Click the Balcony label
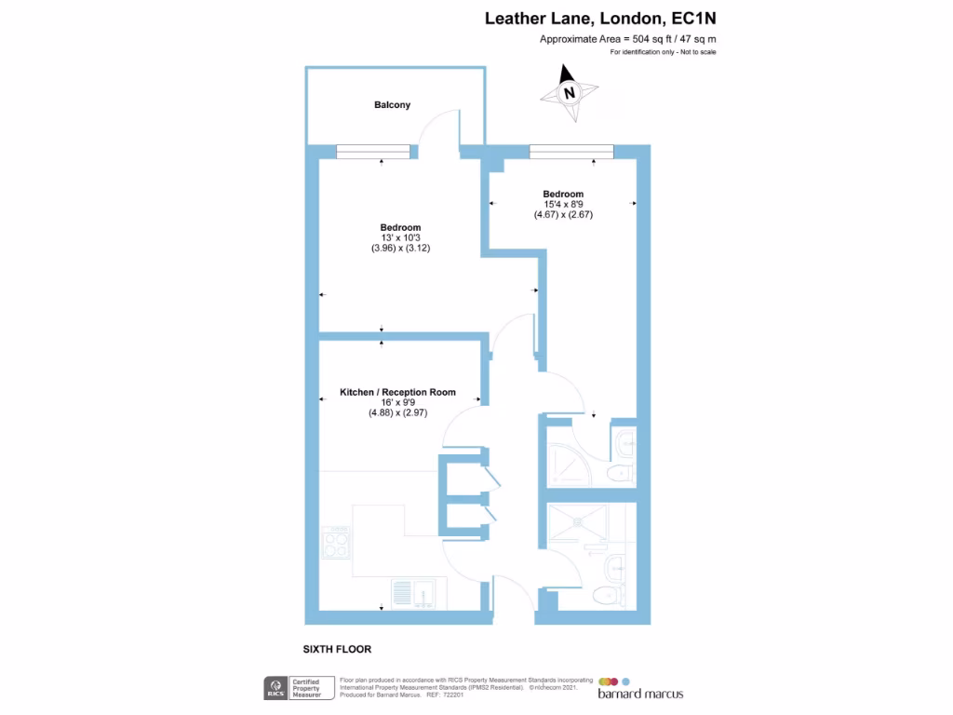click(x=392, y=105)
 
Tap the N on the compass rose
click(x=568, y=93)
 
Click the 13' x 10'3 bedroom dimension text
click(x=400, y=238)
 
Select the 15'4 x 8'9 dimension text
click(x=563, y=204)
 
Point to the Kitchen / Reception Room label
click(x=397, y=392)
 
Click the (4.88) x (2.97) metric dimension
click(x=397, y=413)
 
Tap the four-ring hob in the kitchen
click(x=336, y=542)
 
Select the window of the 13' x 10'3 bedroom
click(x=373, y=151)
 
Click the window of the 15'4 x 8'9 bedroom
click(x=570, y=151)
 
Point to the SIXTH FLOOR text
click(x=337, y=649)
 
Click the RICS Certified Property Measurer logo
click(x=297, y=689)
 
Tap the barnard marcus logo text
click(x=641, y=693)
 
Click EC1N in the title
click(x=693, y=19)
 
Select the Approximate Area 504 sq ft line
click(x=627, y=39)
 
